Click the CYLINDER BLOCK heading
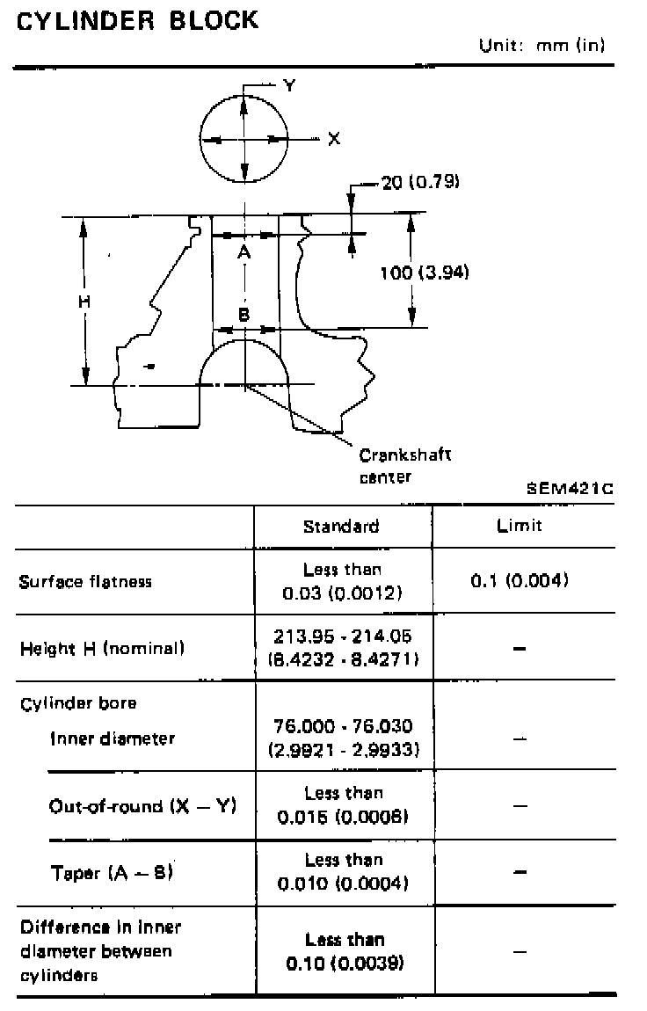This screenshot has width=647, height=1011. tap(138, 21)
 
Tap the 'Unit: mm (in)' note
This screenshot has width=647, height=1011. tap(542, 46)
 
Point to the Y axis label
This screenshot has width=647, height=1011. tap(289, 85)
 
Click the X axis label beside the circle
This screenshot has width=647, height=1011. tap(333, 139)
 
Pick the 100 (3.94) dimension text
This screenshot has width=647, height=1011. tap(424, 273)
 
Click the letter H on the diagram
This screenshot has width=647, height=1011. tap(84, 301)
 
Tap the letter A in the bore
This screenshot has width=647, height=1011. tap(245, 252)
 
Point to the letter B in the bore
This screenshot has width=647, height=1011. tap(245, 314)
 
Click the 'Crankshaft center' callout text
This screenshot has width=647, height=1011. tap(404, 466)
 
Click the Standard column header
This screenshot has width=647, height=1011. tap(341, 526)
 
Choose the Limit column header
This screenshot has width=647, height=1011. tap(520, 526)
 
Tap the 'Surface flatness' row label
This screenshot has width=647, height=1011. tap(85, 582)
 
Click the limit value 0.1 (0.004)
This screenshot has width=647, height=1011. tap(520, 580)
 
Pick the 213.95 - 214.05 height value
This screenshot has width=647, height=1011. tap(344, 636)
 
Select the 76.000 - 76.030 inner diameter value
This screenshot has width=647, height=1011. tap(344, 727)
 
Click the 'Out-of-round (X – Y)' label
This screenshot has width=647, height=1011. tap(142, 805)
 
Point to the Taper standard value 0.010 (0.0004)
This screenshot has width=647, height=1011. tap(343, 884)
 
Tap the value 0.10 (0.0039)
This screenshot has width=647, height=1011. tap(345, 964)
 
